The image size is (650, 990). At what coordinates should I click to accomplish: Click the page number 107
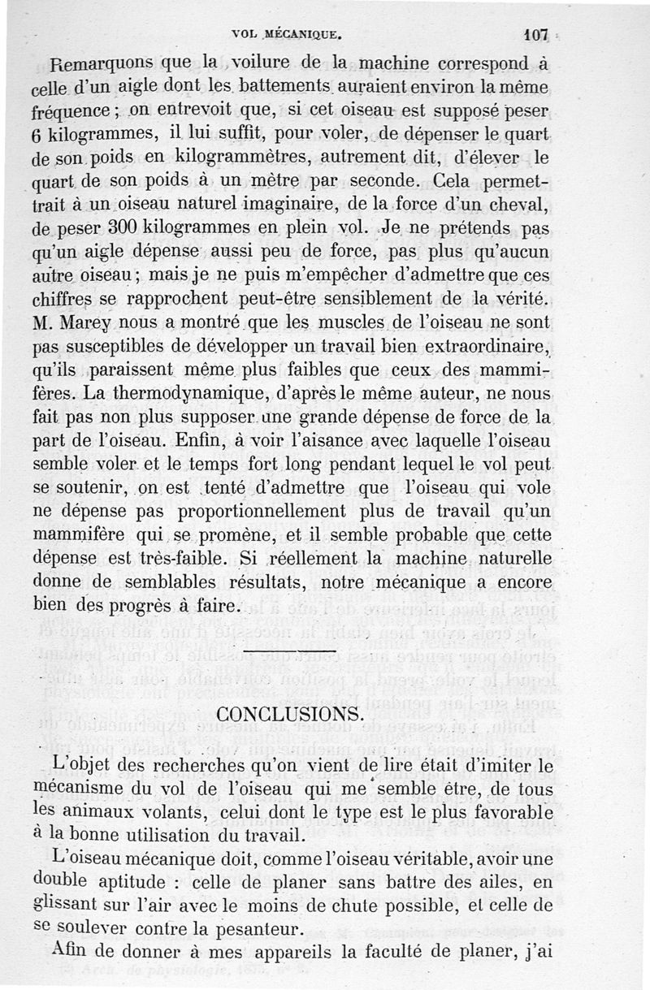tap(537, 35)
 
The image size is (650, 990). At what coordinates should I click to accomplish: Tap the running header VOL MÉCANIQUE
tap(284, 35)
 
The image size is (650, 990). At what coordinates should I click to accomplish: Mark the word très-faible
tap(193, 560)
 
